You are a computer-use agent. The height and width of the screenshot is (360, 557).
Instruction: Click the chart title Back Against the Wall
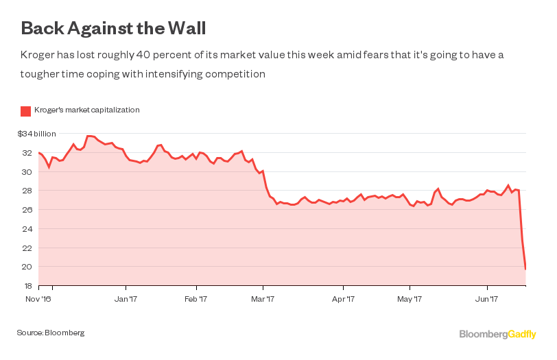113,29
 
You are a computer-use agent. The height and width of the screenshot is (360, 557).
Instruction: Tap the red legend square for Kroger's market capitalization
25,110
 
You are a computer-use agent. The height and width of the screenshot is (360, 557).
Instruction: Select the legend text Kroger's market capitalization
86,110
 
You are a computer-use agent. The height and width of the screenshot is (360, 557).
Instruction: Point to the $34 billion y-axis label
36,134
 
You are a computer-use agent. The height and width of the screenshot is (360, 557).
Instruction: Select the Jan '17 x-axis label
126,299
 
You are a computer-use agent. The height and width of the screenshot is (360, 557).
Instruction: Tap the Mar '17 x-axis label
263,299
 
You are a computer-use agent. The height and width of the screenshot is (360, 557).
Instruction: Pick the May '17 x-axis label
410,299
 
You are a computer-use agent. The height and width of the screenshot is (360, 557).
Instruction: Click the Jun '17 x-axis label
487,299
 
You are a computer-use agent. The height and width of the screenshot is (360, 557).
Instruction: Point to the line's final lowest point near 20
525,268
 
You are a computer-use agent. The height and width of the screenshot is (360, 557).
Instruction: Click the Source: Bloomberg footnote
51,333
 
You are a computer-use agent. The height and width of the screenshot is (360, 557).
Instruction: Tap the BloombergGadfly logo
497,334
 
